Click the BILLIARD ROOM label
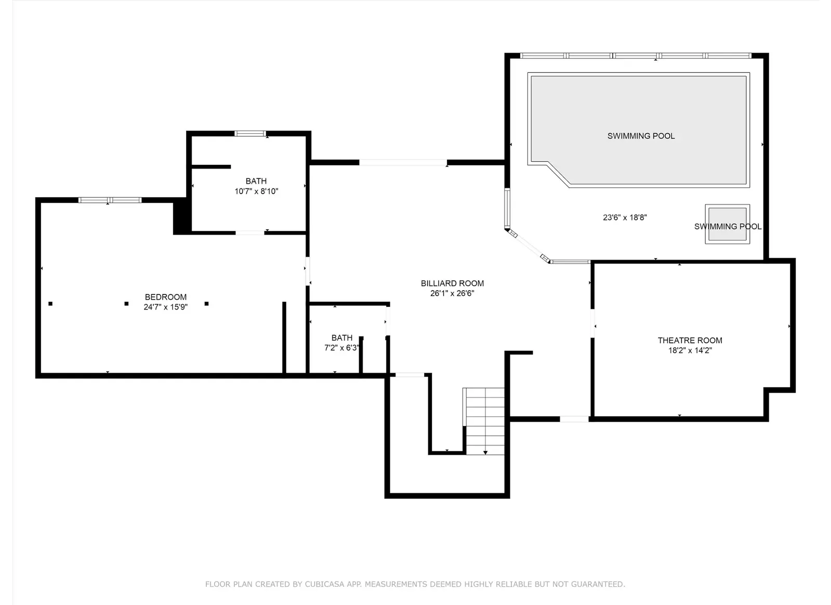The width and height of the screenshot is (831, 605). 452,284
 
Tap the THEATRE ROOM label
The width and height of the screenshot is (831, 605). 690,340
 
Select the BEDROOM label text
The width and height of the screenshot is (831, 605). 165,297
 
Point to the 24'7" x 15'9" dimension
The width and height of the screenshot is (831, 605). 165,307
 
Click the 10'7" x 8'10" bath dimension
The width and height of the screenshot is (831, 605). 256,191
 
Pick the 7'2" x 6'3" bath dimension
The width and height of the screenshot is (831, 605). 341,347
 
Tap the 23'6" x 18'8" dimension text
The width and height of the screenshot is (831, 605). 625,217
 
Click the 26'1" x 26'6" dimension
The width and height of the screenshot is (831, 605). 452,293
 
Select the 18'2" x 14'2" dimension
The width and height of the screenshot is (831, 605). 690,350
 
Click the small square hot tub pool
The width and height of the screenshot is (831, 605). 728,224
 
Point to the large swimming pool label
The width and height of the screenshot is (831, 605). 641,136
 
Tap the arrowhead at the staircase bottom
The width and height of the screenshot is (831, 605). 485,453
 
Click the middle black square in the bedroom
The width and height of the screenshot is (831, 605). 126,304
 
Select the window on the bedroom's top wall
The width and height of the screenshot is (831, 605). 110,200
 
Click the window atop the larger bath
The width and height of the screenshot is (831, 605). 250,134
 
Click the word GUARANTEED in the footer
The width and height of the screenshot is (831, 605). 598,584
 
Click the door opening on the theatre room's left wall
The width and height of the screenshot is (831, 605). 592,324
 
